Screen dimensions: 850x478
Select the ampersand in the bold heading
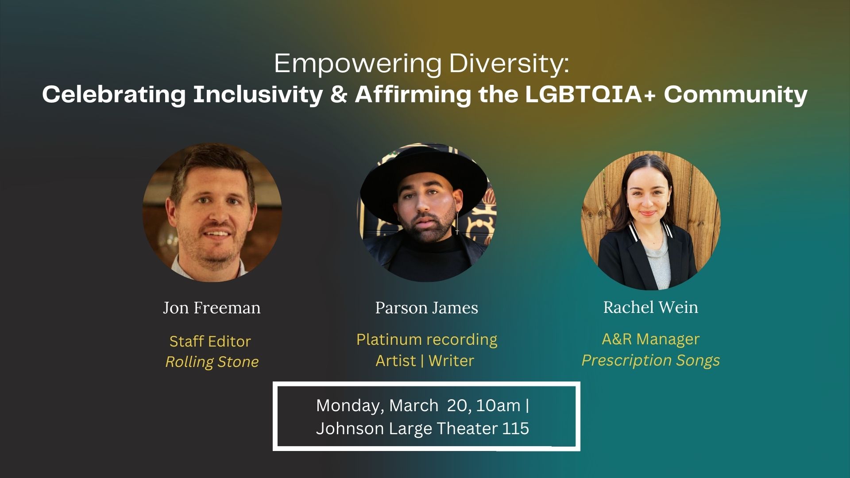click(339, 94)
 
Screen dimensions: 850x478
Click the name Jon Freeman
click(212, 308)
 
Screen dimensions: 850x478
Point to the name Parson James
click(426, 308)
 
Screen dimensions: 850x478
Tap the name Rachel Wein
click(650, 307)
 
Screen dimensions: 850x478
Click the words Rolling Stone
click(212, 362)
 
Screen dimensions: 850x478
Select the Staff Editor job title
click(210, 341)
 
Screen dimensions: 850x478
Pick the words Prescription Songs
click(650, 361)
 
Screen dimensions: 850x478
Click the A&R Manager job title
click(650, 339)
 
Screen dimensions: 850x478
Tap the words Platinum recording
click(427, 340)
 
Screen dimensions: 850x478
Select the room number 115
click(516, 428)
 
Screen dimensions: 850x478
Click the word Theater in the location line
click(467, 428)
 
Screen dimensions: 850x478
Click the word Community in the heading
click(735, 95)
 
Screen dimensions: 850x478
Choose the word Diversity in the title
click(508, 64)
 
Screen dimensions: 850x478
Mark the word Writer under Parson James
click(451, 361)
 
